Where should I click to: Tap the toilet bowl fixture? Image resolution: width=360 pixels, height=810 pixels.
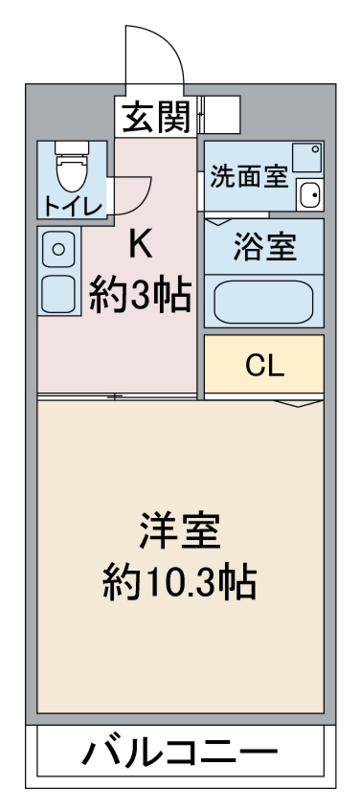click(73, 168)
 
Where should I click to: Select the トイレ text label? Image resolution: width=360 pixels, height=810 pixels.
click(73, 206)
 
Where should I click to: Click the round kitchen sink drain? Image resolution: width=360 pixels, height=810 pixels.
click(58, 250)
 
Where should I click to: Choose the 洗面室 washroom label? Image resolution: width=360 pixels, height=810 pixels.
click(248, 177)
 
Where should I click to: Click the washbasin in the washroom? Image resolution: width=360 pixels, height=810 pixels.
click(309, 195)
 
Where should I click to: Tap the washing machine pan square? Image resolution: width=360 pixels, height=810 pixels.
click(306, 158)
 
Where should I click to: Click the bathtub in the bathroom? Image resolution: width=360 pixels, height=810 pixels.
click(264, 303)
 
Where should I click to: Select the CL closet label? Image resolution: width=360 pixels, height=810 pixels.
click(264, 367)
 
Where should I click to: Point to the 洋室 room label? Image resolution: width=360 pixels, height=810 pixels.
click(180, 531)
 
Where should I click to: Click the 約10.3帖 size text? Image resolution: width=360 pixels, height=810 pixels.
click(180, 583)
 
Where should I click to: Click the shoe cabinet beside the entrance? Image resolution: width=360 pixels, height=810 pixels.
click(219, 115)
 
